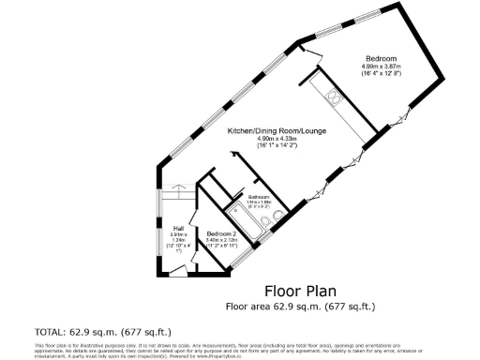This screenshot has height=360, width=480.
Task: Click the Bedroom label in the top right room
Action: (382, 59)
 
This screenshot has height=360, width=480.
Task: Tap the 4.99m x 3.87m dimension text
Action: (382, 67)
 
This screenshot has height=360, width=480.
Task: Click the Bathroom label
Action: (259, 196)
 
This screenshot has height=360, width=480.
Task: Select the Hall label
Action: (177, 225)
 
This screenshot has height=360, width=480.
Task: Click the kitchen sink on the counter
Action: (333, 94)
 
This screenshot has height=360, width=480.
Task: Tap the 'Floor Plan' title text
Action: (299, 290)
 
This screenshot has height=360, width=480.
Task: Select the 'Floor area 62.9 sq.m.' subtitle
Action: (299, 306)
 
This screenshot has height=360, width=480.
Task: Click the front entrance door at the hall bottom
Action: (177, 271)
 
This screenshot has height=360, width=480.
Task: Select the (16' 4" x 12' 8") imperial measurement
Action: (382, 74)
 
